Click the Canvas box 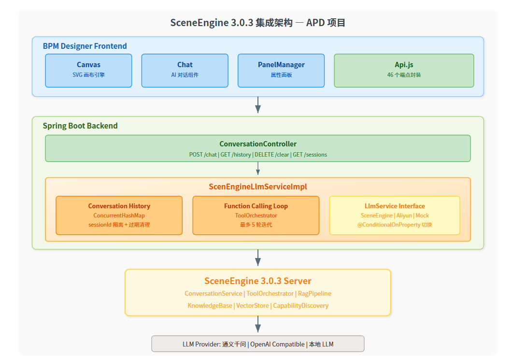coord(88,70)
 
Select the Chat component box coord(185,70)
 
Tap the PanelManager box coord(281,70)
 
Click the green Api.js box coord(404,70)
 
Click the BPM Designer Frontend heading coord(85,46)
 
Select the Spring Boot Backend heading coord(80,126)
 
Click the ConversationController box coord(257,148)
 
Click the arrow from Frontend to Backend coord(258,105)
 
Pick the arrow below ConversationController coord(258,168)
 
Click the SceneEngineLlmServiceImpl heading coord(257,187)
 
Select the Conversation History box coord(119,215)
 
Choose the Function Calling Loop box coord(256,215)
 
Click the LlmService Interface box coord(394,215)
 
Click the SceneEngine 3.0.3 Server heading coord(257,281)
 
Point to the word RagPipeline coord(314,293)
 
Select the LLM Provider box coord(257,344)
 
